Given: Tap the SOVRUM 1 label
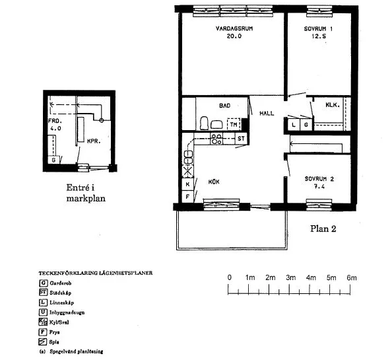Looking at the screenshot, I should (x=318, y=30).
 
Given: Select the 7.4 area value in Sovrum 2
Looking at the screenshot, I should (x=319, y=187).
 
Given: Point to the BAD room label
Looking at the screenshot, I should (x=224, y=105).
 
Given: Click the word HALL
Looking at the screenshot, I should (x=267, y=114).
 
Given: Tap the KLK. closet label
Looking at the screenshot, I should (x=332, y=106).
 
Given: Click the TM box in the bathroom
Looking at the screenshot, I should (x=234, y=124).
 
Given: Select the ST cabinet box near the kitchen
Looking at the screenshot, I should (x=241, y=139).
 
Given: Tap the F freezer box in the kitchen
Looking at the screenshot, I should (x=187, y=197).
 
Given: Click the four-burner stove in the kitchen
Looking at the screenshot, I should (x=216, y=139).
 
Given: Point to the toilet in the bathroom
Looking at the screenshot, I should (x=205, y=123).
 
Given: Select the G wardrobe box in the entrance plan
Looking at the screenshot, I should (x=53, y=160).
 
